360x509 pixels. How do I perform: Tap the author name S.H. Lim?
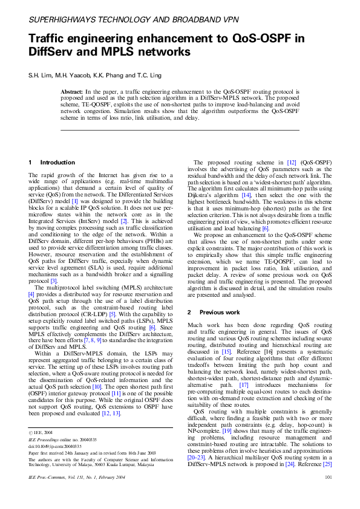(x=41, y=75)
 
